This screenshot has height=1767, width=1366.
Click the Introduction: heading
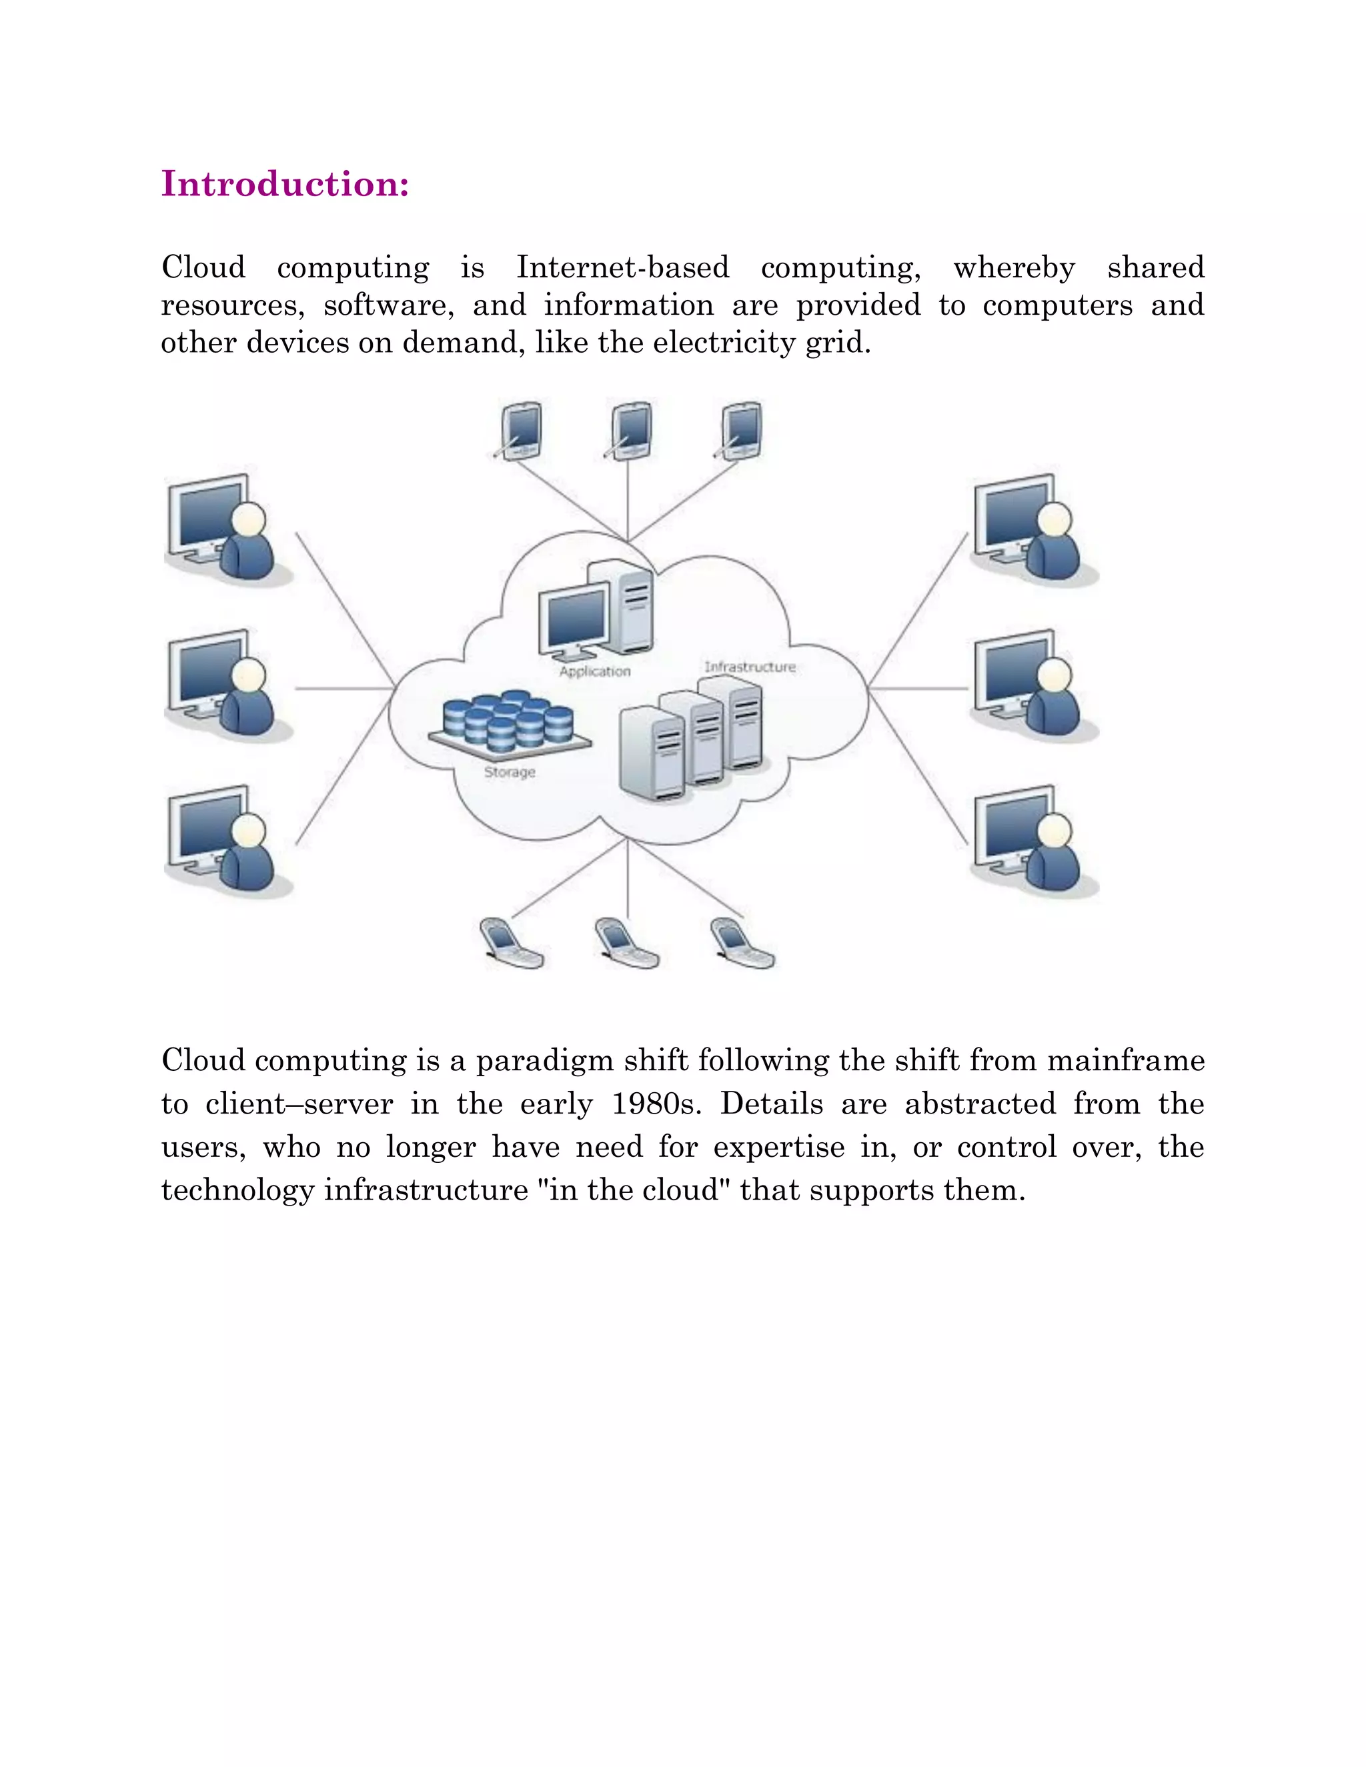[285, 185]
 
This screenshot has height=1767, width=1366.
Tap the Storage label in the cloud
[509, 772]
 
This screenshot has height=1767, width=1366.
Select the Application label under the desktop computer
[594, 671]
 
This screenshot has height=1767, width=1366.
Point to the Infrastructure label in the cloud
[749, 667]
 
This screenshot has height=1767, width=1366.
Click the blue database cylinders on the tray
[509, 719]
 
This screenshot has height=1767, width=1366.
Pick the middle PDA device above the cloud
[630, 431]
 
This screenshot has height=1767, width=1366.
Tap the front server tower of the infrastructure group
[652, 754]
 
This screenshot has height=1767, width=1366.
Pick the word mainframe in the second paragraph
[1126, 1061]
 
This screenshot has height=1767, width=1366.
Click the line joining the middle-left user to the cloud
[344, 689]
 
